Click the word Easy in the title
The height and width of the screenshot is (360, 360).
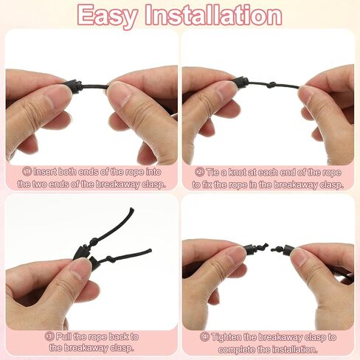pyautogui.click(x=108, y=16)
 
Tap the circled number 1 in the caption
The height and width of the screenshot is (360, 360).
pyautogui.click(x=27, y=172)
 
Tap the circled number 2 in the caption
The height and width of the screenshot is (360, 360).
pyautogui.click(x=199, y=172)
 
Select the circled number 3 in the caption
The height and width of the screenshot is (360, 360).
pyautogui.click(x=49, y=336)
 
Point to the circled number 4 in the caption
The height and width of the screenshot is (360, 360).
pyautogui.click(x=204, y=337)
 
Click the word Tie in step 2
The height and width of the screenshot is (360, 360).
pyautogui.click(x=212, y=172)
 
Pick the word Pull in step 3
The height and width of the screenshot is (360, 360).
pyautogui.click(x=63, y=336)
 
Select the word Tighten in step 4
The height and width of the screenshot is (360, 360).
pyautogui.click(x=226, y=337)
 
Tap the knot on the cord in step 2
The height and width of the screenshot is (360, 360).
pyautogui.click(x=271, y=85)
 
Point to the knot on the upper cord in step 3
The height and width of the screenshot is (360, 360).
pyautogui.click(x=94, y=240)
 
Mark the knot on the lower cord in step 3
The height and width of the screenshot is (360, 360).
pyautogui.click(x=110, y=259)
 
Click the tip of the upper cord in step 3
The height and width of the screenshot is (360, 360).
pyautogui.click(x=132, y=210)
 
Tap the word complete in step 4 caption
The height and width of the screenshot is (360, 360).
pyautogui.click(x=236, y=349)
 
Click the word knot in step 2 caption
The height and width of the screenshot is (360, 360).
pyautogui.click(x=238, y=172)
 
